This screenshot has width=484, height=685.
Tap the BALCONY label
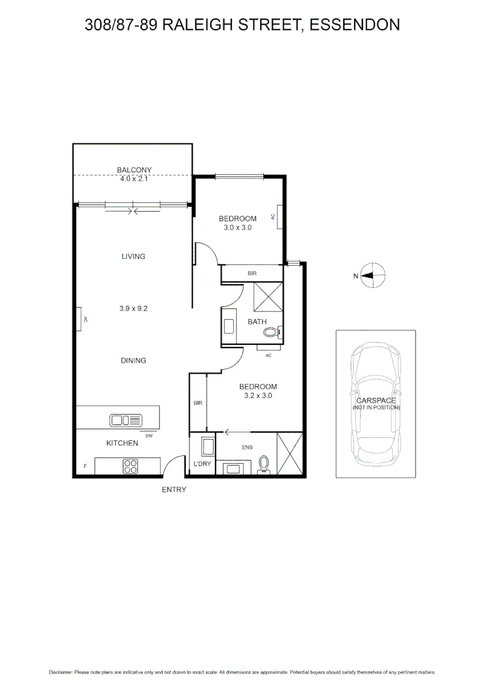point(134,170)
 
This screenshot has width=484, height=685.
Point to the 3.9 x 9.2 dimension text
point(133,308)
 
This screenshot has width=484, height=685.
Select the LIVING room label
point(133,257)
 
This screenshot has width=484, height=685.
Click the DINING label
point(133,360)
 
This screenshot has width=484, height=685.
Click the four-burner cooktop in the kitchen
point(131,466)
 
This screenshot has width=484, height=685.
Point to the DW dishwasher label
point(149,436)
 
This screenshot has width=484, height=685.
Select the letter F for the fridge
point(85,467)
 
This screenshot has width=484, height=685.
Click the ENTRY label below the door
point(174,490)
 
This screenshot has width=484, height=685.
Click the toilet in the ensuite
point(264,465)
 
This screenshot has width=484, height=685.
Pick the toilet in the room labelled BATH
point(272,332)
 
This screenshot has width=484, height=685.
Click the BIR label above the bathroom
point(252,273)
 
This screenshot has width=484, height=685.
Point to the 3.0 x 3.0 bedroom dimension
point(238,228)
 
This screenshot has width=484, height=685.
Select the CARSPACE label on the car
point(376,400)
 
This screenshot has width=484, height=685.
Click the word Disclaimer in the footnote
point(61,672)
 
